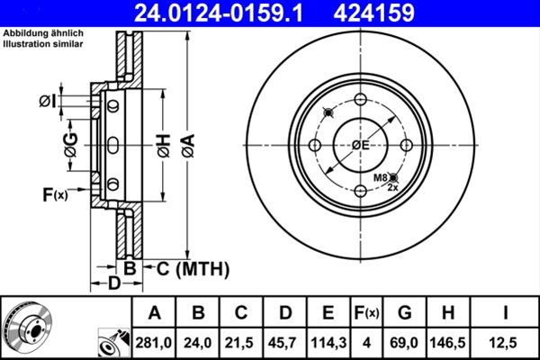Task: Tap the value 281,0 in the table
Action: click(155, 342)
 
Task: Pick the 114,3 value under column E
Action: click(328, 342)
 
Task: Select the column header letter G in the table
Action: click(404, 313)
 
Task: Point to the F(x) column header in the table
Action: click(367, 313)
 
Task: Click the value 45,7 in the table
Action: click(285, 342)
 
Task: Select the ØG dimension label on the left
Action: click(70, 144)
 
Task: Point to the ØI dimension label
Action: click(49, 100)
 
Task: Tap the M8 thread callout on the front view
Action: click(382, 178)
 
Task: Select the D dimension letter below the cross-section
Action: click(113, 285)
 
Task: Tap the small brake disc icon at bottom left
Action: click(29, 328)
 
